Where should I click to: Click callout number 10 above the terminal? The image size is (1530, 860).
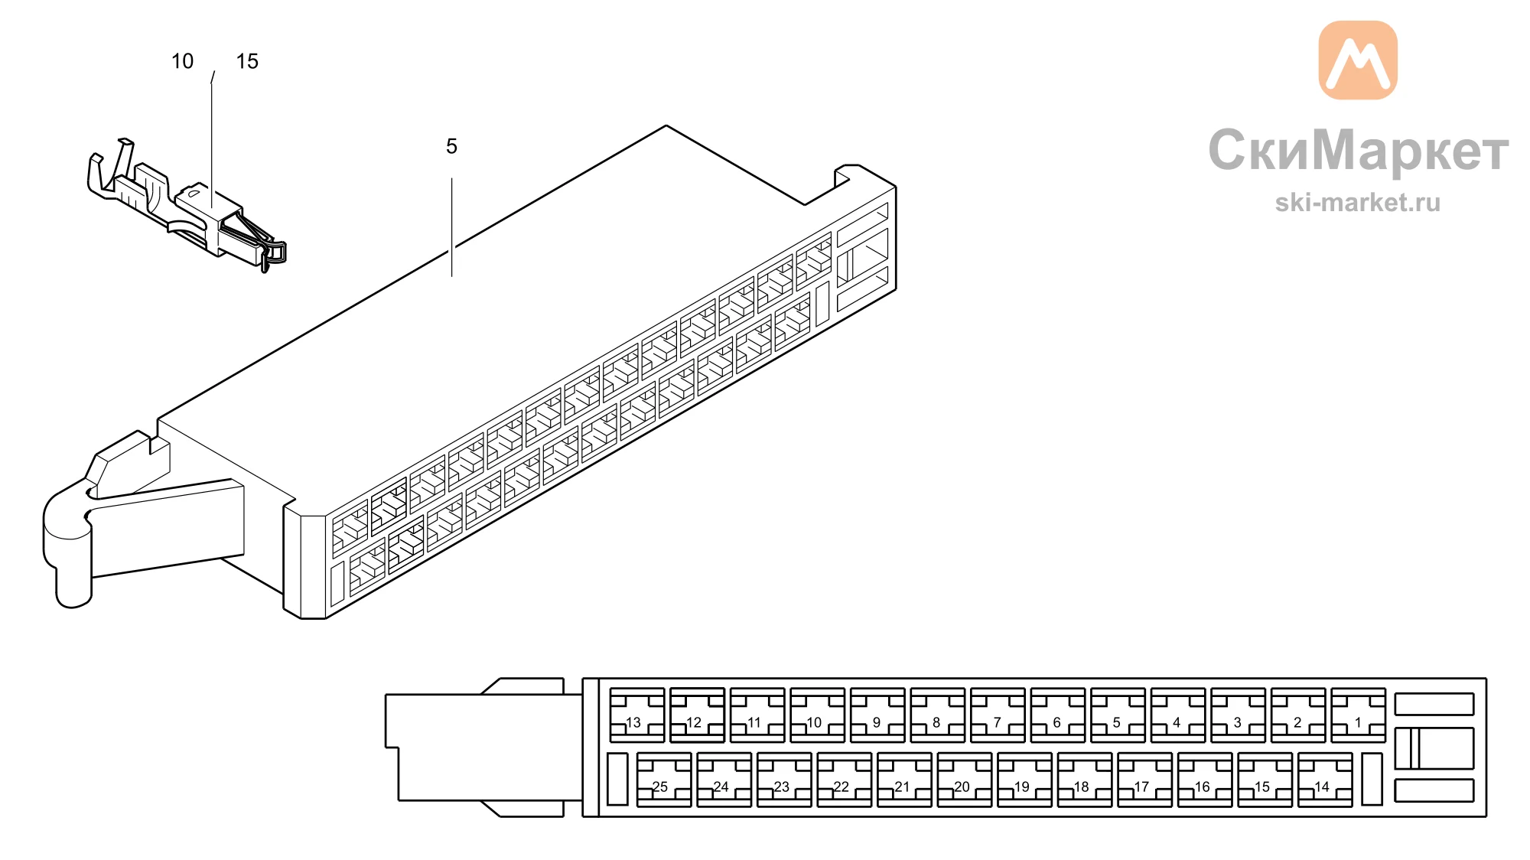[x=182, y=61]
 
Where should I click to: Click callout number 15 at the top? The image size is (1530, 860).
[x=247, y=61]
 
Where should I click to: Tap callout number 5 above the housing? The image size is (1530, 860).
[x=451, y=146]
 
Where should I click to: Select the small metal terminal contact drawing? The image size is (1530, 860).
[x=187, y=205]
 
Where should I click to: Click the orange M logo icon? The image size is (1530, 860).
[x=1358, y=60]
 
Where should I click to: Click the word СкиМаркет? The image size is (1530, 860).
[x=1358, y=150]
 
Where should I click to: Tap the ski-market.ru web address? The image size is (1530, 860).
[x=1358, y=202]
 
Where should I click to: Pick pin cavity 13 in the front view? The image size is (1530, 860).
[x=636, y=715]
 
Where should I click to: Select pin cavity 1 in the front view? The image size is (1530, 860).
[x=1358, y=715]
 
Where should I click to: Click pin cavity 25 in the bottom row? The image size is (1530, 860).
[x=664, y=780]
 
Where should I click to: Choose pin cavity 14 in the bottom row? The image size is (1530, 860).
[x=1325, y=780]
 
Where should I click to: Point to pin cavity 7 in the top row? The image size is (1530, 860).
[x=998, y=715]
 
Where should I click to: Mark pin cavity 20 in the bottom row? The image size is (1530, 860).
[x=965, y=780]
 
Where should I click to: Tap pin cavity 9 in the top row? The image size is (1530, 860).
[x=877, y=715]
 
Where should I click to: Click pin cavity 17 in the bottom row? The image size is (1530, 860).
[x=1145, y=780]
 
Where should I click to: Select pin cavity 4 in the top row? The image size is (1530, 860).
[x=1178, y=715]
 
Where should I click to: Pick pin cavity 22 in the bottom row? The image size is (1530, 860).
[x=845, y=780]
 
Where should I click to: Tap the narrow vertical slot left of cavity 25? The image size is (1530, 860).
[x=617, y=780]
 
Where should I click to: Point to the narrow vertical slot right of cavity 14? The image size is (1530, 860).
[x=1372, y=780]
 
